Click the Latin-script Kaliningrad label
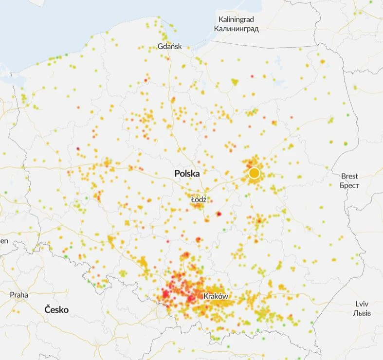pos(236,19)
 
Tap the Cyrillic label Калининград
pos(236,29)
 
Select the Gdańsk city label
pos(170,46)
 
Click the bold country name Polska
pos(187,173)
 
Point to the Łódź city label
pos(199,199)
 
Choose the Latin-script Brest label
pos(349,176)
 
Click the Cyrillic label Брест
pos(349,185)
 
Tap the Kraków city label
pos(216,296)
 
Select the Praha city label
pos(19,295)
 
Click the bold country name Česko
pos(56,309)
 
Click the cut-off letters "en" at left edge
pos(4,241)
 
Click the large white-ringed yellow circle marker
pos(254,173)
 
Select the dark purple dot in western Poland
pos(78,148)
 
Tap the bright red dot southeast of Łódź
pos(219,214)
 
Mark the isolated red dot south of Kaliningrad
pos(252,76)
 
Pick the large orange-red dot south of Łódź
pos(199,239)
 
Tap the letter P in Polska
pos(178,173)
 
